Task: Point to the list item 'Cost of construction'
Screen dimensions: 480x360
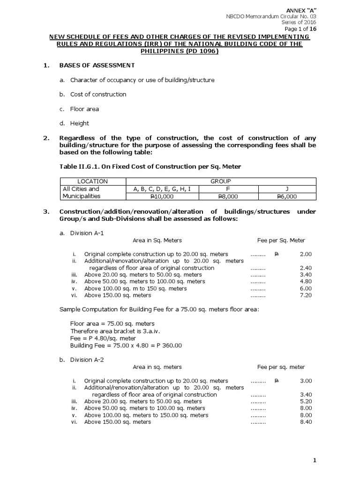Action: [x=98, y=94]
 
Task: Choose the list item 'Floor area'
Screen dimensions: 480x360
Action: [x=84, y=109]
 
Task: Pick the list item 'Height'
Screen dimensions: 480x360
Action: [x=79, y=123]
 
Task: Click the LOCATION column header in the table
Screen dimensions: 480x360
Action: [x=92, y=181]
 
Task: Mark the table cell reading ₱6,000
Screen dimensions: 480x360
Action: [x=287, y=196]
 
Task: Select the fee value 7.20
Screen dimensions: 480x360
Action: [x=306, y=295]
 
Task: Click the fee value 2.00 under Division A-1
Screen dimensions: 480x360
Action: [x=306, y=254]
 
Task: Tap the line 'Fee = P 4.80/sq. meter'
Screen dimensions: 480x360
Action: [x=103, y=338]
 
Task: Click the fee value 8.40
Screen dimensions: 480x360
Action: [x=306, y=422]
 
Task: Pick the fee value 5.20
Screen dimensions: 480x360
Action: [x=306, y=401]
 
